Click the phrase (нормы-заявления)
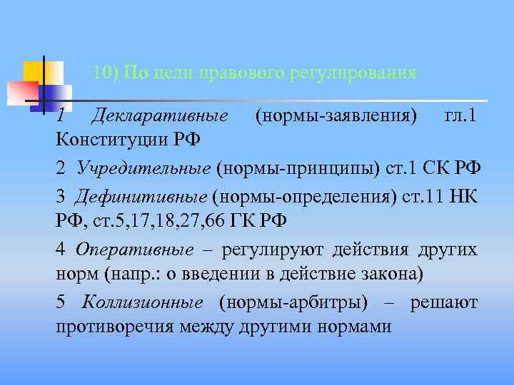pos(336,115)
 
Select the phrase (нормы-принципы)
pos(273,168)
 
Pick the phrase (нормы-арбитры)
pos(293,302)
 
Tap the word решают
pos(443,302)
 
